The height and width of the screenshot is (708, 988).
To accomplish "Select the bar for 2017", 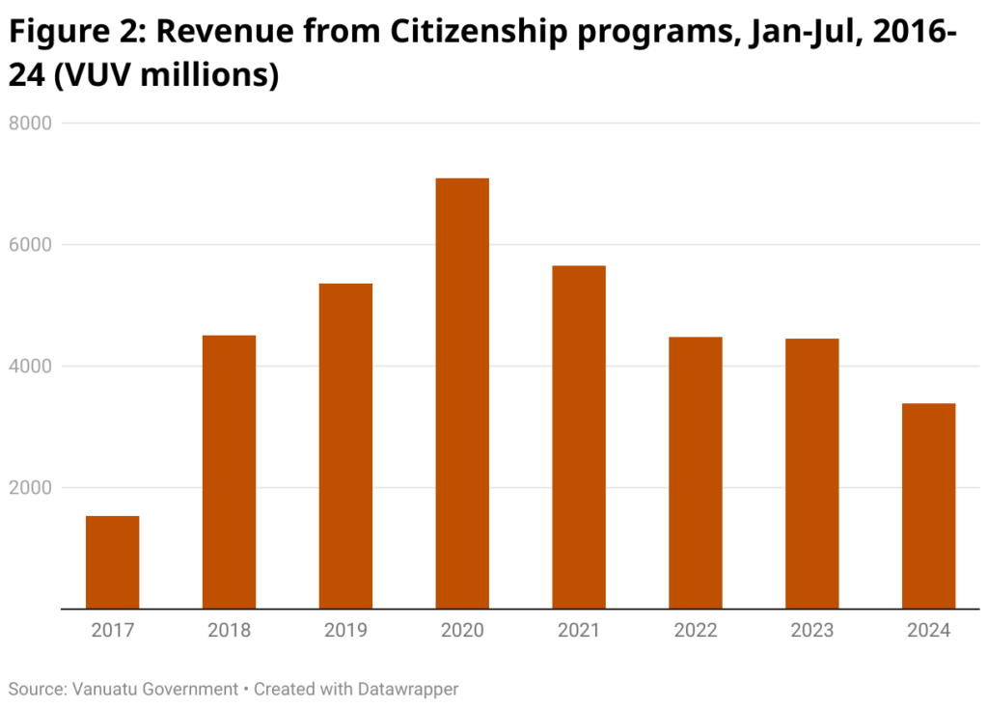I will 113,562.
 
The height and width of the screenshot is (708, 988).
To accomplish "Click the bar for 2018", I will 229,472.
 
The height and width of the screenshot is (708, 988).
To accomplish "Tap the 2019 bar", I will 345,446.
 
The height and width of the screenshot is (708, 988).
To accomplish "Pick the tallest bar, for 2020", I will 462,394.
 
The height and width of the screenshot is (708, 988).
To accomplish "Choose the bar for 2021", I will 579,437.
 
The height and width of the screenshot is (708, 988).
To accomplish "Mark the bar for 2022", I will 696,473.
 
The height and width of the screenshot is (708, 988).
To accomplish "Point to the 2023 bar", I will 812,474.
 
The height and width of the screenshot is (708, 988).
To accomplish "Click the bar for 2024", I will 928,505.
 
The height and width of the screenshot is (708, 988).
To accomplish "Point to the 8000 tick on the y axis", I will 30,123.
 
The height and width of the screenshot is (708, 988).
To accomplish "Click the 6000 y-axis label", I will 30,245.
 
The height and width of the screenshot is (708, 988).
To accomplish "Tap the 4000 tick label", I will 30,367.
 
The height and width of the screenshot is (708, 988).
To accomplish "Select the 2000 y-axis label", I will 30,488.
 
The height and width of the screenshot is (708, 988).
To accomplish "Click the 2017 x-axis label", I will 113,631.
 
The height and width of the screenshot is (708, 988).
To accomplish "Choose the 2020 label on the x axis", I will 462,631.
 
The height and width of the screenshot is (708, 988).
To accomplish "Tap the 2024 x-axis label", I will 928,631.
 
